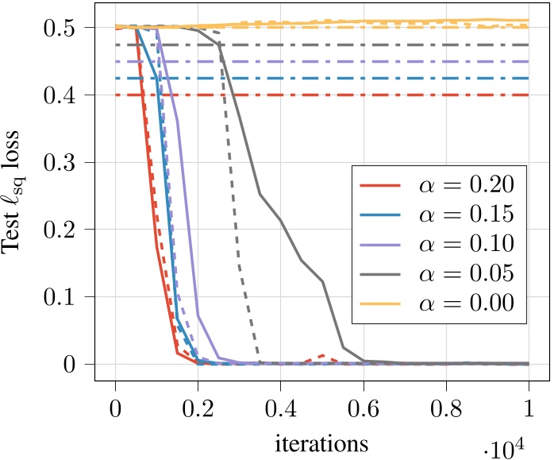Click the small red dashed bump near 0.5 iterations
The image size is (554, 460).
coord(321,356)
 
